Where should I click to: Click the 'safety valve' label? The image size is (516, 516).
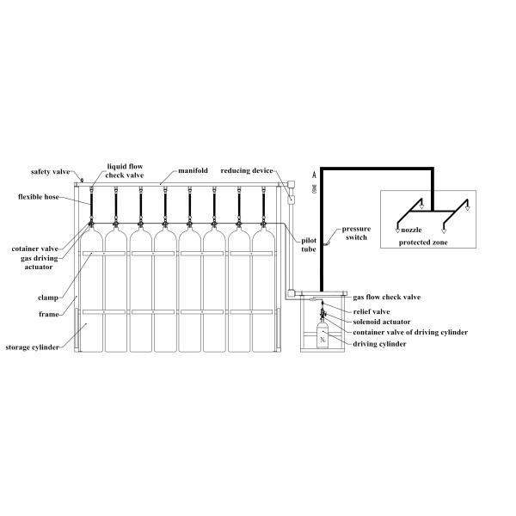(50, 172)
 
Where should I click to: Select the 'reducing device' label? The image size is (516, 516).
(247, 172)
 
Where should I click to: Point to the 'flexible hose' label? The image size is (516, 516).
(40, 196)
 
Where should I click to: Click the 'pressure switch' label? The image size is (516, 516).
(356, 234)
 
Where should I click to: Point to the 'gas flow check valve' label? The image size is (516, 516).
(387, 297)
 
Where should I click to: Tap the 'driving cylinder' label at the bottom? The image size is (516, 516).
(379, 344)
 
